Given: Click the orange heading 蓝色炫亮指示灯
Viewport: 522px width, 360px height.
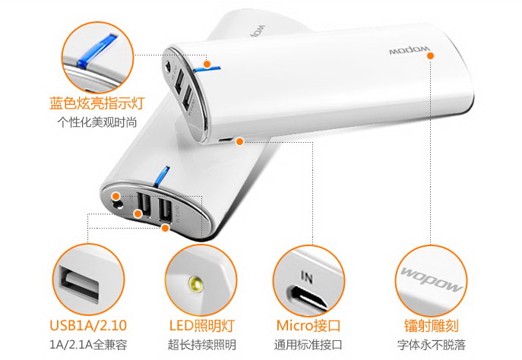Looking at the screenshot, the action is (97, 103).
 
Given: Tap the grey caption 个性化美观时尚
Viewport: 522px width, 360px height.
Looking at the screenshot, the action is (97, 122).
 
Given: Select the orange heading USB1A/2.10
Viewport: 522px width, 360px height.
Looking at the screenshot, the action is (88, 325).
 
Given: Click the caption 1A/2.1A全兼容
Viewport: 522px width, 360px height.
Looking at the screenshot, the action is (88, 344).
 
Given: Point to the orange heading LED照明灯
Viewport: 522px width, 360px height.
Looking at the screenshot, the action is (202, 325).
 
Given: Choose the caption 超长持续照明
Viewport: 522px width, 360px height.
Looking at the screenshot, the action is (202, 344).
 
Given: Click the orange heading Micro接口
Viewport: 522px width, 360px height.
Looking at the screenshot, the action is (308, 325).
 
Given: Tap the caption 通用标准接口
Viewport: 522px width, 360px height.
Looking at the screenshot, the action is (308, 344).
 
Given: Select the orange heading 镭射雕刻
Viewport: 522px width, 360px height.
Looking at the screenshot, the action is (432, 325).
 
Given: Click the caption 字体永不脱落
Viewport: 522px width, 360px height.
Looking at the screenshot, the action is (432, 344).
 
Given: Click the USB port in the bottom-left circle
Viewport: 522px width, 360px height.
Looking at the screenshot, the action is (80, 284).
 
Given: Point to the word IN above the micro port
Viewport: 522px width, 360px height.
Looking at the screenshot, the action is (307, 276).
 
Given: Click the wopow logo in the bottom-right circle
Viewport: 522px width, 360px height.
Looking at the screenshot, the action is (432, 279).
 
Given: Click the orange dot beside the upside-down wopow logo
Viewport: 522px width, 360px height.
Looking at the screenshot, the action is (430, 55).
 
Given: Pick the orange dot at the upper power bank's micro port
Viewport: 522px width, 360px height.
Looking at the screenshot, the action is (239, 141).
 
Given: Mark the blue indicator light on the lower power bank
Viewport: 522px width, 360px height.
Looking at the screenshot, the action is (161, 175).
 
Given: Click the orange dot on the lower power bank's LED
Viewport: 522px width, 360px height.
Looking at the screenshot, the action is (115, 196).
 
